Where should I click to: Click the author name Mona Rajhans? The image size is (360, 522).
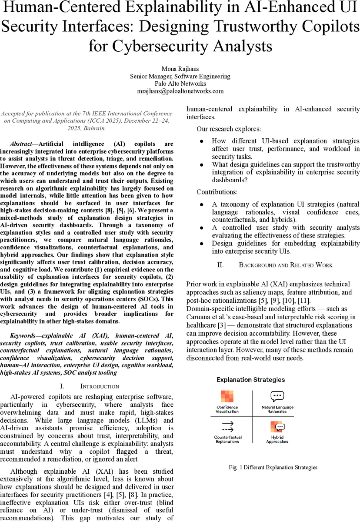pos(180,69)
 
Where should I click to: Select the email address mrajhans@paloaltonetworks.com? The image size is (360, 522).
pos(180,91)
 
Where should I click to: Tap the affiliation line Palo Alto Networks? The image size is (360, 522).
pos(180,84)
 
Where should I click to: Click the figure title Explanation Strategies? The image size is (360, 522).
pos(251,380)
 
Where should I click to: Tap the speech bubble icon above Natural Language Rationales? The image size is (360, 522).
pos(277,396)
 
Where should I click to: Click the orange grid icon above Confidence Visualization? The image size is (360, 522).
pos(227,396)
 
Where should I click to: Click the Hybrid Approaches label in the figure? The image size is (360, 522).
pos(277,439)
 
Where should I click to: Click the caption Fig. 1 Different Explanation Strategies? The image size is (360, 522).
pos(273,467)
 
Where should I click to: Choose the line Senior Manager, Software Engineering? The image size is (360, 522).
pos(180,76)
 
